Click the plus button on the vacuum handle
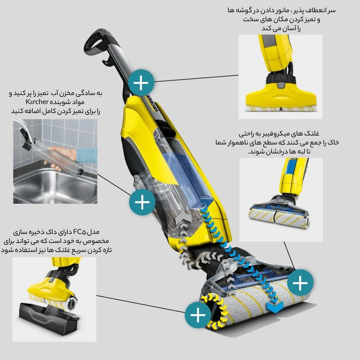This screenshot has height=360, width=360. click(x=141, y=83)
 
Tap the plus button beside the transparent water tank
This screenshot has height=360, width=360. click(x=142, y=202)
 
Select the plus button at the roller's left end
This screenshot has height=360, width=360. click(x=198, y=315)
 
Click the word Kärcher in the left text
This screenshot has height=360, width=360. click(x=37, y=102)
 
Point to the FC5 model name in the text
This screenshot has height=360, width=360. click(x=79, y=232)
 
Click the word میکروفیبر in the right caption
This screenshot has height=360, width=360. click(x=273, y=133)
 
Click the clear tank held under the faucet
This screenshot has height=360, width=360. click(x=55, y=156)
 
